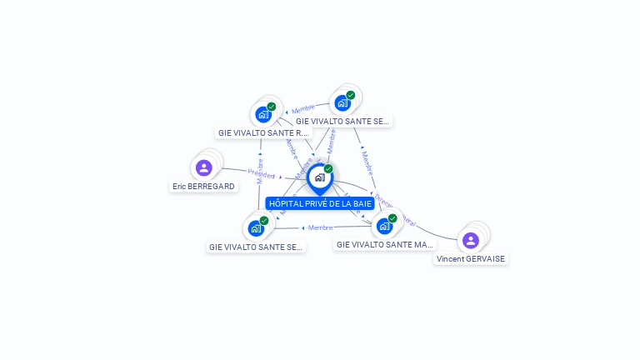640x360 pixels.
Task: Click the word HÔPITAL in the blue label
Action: (x=285, y=203)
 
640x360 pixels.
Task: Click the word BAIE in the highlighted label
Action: (x=362, y=203)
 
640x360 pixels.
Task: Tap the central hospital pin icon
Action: (x=319, y=177)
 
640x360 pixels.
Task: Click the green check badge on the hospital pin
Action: (x=328, y=169)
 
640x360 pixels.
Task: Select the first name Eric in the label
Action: (x=179, y=187)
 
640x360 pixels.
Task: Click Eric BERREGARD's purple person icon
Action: (x=204, y=168)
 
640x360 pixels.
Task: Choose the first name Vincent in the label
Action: (x=451, y=259)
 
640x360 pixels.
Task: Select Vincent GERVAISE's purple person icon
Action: (x=471, y=241)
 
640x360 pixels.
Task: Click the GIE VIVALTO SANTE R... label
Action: (x=262, y=132)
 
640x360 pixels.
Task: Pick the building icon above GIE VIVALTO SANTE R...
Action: (x=263, y=114)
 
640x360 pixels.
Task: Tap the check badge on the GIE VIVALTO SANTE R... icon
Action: (x=272, y=107)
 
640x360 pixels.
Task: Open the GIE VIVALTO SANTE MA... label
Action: (x=384, y=245)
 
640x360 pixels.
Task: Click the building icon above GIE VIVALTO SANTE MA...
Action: (x=384, y=226)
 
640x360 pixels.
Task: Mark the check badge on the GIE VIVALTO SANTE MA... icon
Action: (x=392, y=218)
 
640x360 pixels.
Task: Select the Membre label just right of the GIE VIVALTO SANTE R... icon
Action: (x=302, y=109)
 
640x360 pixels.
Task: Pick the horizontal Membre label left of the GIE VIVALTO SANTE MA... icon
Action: (x=320, y=227)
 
